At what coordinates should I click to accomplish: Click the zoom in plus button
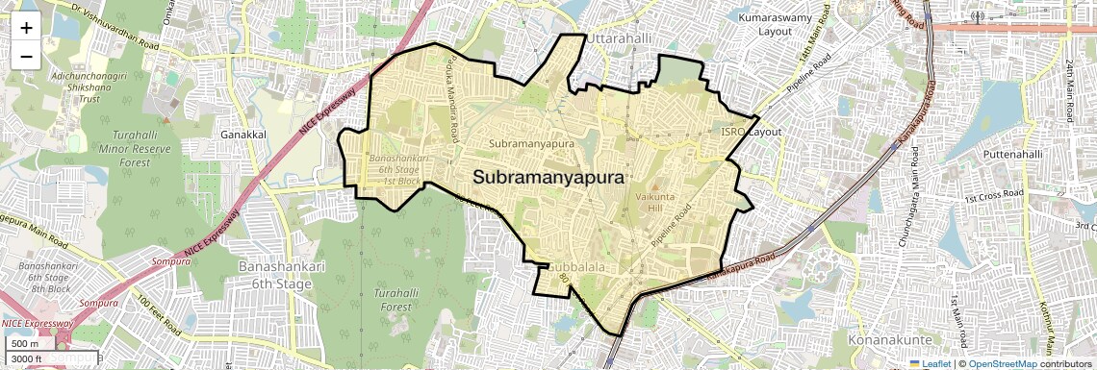tap(26, 27)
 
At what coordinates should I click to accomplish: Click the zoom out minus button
tap(26, 56)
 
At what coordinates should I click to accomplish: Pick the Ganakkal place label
tap(242, 135)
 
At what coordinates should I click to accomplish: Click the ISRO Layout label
tap(752, 132)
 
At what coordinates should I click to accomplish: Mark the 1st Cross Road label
tap(991, 197)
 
